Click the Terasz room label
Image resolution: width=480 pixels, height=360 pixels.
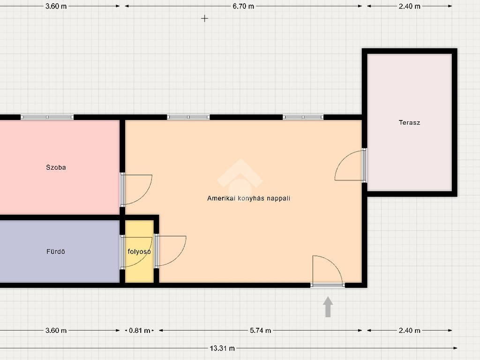pyautogui.click(x=409, y=122)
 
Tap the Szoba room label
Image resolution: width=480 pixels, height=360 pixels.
pyautogui.click(x=56, y=167)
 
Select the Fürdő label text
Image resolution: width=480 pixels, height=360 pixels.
pyautogui.click(x=56, y=251)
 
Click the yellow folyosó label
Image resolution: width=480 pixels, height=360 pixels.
pyautogui.click(x=139, y=251)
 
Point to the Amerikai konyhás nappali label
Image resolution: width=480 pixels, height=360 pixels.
pyautogui.click(x=248, y=198)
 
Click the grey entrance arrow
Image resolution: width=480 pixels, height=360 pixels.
pyautogui.click(x=328, y=307)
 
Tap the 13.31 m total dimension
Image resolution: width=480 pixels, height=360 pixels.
pyautogui.click(x=222, y=348)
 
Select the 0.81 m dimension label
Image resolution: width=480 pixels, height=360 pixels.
pyautogui.click(x=139, y=330)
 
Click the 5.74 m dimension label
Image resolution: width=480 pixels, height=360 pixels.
pyautogui.click(x=260, y=330)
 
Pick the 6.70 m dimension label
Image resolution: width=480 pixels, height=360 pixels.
pyautogui.click(x=243, y=6)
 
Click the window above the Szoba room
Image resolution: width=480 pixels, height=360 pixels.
pyautogui.click(x=47, y=117)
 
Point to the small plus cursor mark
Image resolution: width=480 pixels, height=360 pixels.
pyautogui.click(x=204, y=19)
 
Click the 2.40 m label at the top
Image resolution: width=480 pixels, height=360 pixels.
pyautogui.click(x=409, y=6)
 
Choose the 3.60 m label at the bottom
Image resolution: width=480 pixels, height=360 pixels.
pyautogui.click(x=56, y=330)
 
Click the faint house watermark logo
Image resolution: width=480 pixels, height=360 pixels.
pyautogui.click(x=240, y=179)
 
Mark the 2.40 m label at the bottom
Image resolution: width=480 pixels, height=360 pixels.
pyautogui.click(x=409, y=330)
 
